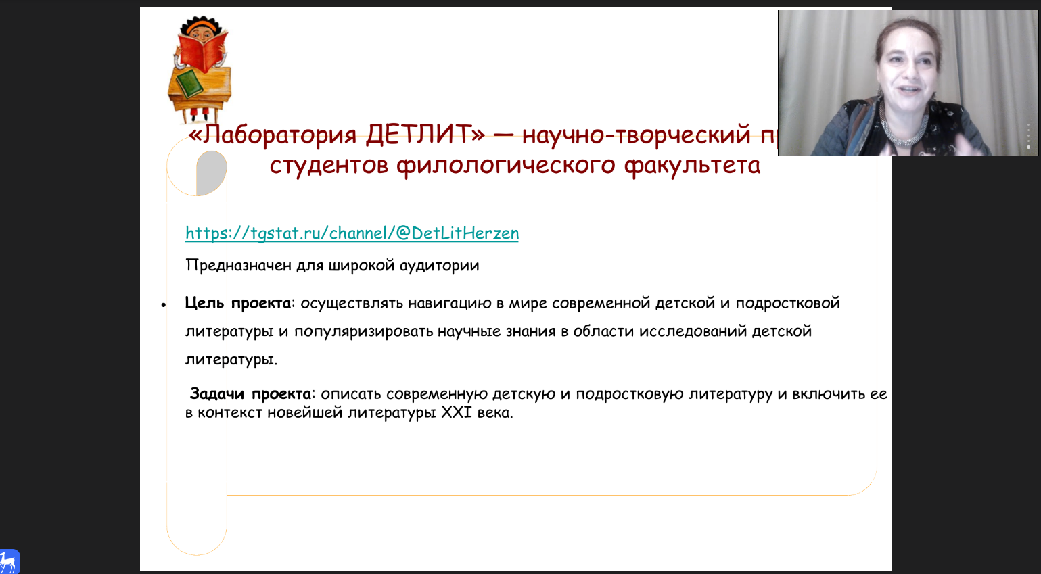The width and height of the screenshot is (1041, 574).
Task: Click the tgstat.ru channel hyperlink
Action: click(352, 233)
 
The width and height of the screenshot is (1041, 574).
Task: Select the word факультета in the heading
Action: click(692, 166)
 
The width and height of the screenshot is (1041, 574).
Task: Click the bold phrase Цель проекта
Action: click(238, 304)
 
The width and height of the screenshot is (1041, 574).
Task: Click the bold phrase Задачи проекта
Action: click(250, 393)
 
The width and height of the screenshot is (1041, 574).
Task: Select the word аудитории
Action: click(439, 266)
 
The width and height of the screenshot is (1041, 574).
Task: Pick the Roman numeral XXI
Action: click(457, 412)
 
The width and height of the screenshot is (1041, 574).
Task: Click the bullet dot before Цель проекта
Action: click(164, 305)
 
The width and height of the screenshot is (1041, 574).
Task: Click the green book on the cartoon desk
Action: click(189, 84)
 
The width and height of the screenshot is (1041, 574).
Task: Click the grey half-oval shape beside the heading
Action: click(212, 172)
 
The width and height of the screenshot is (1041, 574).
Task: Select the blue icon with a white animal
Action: click(9, 561)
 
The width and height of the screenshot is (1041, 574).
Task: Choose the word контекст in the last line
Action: click(229, 413)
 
